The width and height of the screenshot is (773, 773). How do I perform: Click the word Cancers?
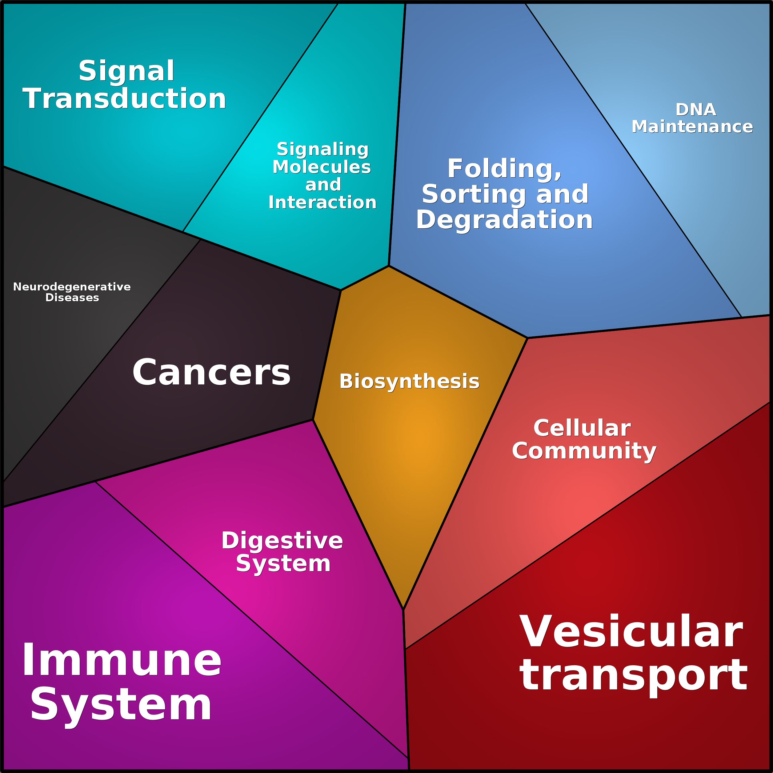pos(211,372)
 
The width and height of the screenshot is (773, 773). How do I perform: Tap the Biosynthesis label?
pos(409,382)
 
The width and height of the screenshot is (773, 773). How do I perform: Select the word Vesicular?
pos(631,633)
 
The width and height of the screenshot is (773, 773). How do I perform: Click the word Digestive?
pos(282,541)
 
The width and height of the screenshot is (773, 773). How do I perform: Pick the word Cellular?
pos(582,429)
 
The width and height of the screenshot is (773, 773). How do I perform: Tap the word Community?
pos(584,452)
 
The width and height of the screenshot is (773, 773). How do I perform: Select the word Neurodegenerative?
pos(72,287)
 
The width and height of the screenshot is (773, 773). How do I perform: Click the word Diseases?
pos(72,298)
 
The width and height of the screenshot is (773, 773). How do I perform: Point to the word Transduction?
pos(124,99)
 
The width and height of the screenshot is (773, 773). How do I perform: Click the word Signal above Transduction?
pos(126,71)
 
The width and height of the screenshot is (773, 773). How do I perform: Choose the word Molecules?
pos(322,167)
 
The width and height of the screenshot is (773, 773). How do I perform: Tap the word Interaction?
pos(322,203)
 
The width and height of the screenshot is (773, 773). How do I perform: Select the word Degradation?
pos(504,220)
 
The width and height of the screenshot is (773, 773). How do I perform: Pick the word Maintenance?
pos(692,127)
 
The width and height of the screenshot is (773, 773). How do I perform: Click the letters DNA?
pos(696,110)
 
